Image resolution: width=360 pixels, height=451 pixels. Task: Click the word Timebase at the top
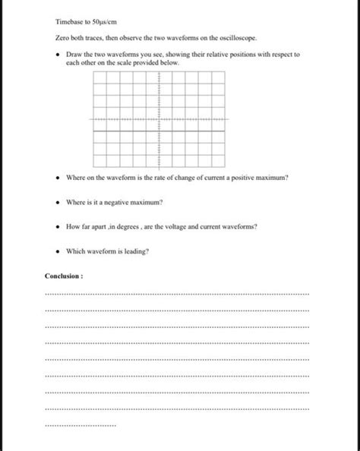click(x=71, y=22)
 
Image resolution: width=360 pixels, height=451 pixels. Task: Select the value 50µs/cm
click(x=103, y=22)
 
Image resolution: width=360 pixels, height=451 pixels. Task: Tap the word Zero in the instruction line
click(x=62, y=37)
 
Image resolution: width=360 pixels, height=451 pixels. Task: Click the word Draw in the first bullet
click(x=74, y=55)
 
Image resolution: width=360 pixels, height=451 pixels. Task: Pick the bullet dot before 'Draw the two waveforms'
click(x=58, y=55)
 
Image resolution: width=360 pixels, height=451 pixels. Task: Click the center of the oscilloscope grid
click(x=159, y=119)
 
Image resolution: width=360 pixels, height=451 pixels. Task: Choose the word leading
click(x=134, y=251)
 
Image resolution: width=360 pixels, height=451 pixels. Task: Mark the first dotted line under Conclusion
click(x=177, y=293)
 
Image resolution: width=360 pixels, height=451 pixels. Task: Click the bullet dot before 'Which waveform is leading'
click(x=58, y=251)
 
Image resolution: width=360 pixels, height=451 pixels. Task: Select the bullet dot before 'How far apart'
click(x=58, y=226)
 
